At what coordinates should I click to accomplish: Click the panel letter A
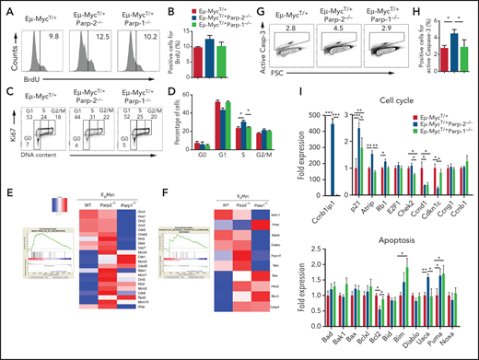click(x=7, y=8)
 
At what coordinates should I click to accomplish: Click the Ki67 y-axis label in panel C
click(x=8, y=128)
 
